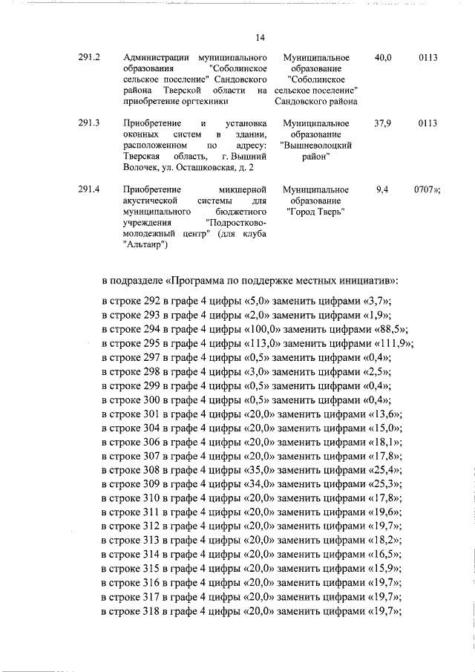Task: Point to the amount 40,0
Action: coord(384,57)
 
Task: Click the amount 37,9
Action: coord(384,123)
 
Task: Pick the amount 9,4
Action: coord(383,190)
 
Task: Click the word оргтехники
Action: coord(200,102)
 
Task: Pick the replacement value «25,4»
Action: coord(381,471)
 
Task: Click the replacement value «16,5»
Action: coord(381,555)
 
